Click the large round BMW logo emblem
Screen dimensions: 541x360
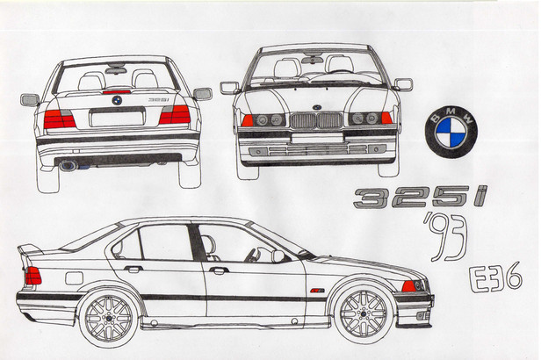point(451,132)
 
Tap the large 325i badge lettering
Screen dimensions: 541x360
point(421,198)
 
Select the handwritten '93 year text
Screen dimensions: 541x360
point(445,236)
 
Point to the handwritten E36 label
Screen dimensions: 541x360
point(496,278)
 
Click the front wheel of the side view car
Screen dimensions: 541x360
point(364,313)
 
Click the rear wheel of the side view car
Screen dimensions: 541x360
point(109,318)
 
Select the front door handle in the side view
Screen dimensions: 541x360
point(219,270)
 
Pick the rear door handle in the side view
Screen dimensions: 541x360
point(133,269)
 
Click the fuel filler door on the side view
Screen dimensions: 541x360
point(74,278)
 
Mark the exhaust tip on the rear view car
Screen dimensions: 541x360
point(69,166)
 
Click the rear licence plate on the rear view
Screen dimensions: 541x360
point(117,118)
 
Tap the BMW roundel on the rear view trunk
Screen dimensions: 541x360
point(117,100)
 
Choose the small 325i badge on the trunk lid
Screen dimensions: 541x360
point(158,99)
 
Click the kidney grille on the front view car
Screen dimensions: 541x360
point(316,120)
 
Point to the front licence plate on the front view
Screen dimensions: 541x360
point(317,138)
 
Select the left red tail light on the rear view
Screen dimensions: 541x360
point(60,119)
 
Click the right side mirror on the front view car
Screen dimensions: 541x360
point(403,84)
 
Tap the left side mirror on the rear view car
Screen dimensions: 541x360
point(30,99)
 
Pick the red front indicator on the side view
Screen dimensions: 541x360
point(408,286)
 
